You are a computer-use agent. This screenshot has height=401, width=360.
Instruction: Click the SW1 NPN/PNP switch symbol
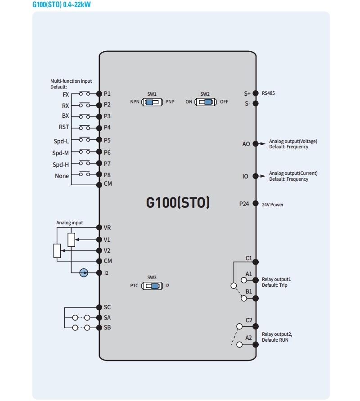pyautogui.click(x=152, y=102)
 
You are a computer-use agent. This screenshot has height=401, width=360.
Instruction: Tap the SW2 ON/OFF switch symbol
pyautogui.click(x=205, y=102)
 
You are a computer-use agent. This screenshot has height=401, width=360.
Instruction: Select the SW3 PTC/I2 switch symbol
pyautogui.click(x=152, y=286)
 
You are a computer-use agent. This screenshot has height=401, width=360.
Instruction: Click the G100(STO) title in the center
pyautogui.click(x=178, y=203)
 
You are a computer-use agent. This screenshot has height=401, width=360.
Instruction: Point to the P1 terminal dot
pyautogui.click(x=99, y=94)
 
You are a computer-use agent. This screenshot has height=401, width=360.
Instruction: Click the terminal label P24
pyautogui.click(x=244, y=204)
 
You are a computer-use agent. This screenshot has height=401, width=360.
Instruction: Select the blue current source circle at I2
pyautogui.click(x=84, y=272)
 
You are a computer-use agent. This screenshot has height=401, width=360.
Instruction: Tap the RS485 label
pyautogui.click(x=268, y=94)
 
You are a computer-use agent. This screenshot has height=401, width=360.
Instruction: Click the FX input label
pyautogui.click(x=66, y=95)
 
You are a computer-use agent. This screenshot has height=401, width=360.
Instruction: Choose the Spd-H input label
pyautogui.click(x=61, y=165)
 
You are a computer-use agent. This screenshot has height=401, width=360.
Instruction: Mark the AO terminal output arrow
pyautogui.click(x=262, y=144)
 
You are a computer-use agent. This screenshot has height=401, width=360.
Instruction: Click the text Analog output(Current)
pyautogui.click(x=293, y=174)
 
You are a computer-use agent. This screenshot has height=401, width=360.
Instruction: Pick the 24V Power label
pyautogui.click(x=273, y=205)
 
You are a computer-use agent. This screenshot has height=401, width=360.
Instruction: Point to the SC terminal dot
pyautogui.click(x=99, y=307)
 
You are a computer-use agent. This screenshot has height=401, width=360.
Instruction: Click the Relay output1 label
pyautogui.click(x=276, y=280)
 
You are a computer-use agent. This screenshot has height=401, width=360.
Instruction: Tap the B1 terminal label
pyautogui.click(x=248, y=291)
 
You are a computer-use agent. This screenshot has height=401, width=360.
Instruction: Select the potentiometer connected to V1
pyautogui.click(x=71, y=240)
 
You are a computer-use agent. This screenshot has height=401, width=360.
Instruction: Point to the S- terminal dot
pyautogui.click(x=256, y=104)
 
